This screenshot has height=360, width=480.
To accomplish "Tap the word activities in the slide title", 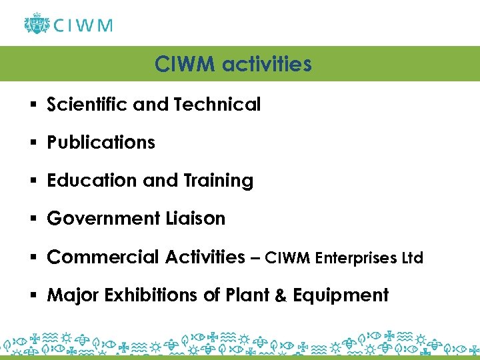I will (x=269, y=64).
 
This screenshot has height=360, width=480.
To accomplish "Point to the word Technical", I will (x=217, y=104).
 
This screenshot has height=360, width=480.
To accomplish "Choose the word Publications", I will (x=101, y=142).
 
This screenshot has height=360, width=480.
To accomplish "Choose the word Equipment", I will (x=347, y=295).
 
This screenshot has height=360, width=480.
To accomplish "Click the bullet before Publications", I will (x=32, y=143).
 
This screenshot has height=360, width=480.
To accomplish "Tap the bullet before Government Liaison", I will (x=32, y=219).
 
